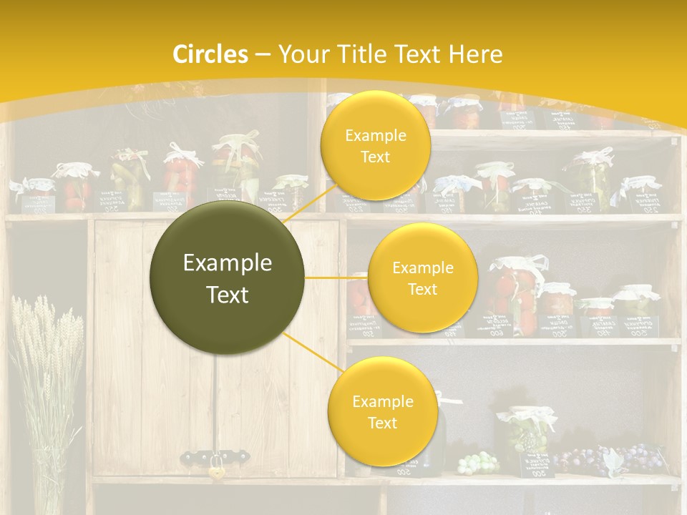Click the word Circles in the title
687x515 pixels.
point(210,54)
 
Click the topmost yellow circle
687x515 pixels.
point(375,145)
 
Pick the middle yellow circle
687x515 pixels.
point(422,278)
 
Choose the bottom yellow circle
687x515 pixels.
point(382,411)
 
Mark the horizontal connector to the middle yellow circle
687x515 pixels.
point(336,277)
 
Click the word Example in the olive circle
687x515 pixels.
point(228,263)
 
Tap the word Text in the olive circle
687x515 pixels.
point(228,295)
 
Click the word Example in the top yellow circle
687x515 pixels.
point(375,135)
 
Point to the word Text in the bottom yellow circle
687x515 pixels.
point(382,423)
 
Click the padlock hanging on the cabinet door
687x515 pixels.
point(215,471)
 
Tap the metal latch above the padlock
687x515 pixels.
point(215,455)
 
